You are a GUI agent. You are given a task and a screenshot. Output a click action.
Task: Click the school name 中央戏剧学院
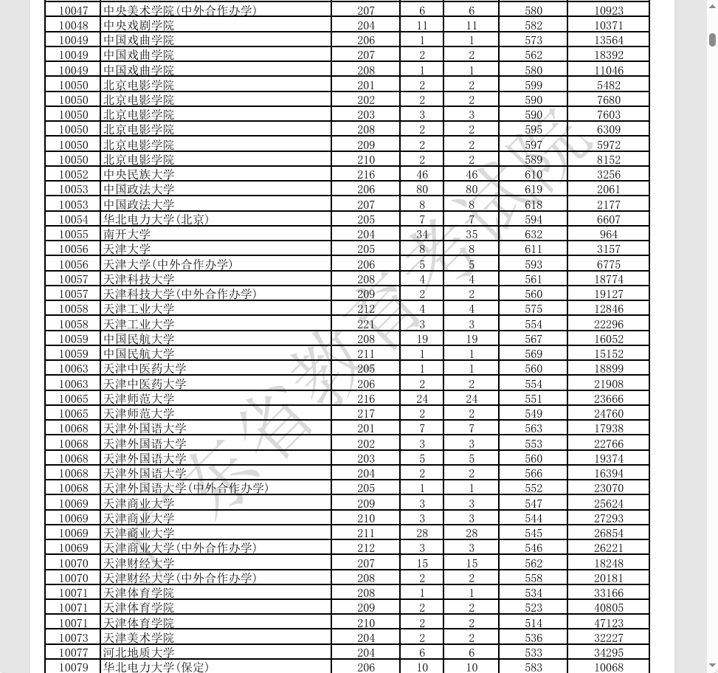(x=139, y=25)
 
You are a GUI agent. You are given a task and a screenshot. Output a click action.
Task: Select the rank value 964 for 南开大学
(x=608, y=234)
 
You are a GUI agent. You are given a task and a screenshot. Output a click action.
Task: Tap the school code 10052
(x=73, y=174)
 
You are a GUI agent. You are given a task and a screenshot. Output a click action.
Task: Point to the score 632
(x=533, y=234)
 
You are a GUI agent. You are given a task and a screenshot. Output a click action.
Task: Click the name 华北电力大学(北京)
(x=156, y=219)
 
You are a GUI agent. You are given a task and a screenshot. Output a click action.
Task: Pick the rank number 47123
(x=608, y=623)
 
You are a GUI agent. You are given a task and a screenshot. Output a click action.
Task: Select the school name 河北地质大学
(x=139, y=652)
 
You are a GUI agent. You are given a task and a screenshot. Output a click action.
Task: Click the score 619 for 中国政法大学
(x=533, y=189)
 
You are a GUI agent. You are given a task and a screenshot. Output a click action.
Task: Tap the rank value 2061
(x=608, y=189)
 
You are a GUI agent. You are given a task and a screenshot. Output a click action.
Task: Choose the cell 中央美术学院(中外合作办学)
(x=180, y=10)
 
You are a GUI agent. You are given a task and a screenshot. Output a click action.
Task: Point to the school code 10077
(x=73, y=652)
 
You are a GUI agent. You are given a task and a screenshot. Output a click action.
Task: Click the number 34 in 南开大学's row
(x=422, y=234)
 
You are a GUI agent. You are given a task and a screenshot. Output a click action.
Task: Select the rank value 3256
(x=608, y=174)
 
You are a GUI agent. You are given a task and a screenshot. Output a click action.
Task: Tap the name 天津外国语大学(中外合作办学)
(x=186, y=488)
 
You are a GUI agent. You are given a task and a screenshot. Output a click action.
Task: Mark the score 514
(x=533, y=623)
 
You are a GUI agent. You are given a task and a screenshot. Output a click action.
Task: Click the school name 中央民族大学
(x=139, y=174)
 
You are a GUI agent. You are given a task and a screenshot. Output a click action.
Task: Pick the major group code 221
(x=366, y=324)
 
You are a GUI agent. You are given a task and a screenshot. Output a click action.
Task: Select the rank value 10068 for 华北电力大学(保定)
(x=608, y=667)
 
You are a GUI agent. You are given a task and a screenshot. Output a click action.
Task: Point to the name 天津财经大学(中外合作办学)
(x=180, y=578)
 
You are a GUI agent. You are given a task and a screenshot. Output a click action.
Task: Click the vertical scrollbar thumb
(x=712, y=40)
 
